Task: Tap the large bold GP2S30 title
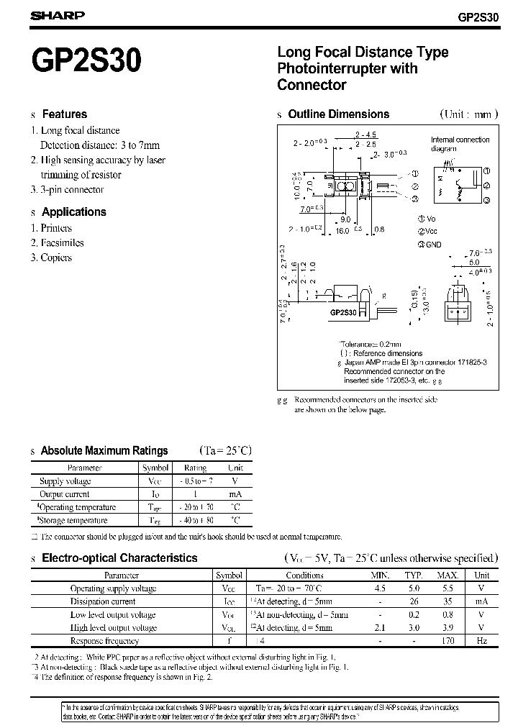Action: click(86, 63)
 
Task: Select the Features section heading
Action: click(64, 114)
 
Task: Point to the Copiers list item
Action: click(56, 258)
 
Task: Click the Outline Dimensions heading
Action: click(338, 114)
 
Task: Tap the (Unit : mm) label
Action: click(469, 114)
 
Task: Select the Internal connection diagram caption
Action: click(460, 144)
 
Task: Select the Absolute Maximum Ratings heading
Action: click(104, 450)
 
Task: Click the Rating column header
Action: click(195, 468)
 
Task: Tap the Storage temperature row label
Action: click(73, 520)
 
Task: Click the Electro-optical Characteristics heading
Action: click(119, 558)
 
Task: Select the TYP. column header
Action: click(412, 575)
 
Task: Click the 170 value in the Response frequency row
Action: click(447, 640)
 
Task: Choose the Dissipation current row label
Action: click(102, 601)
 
